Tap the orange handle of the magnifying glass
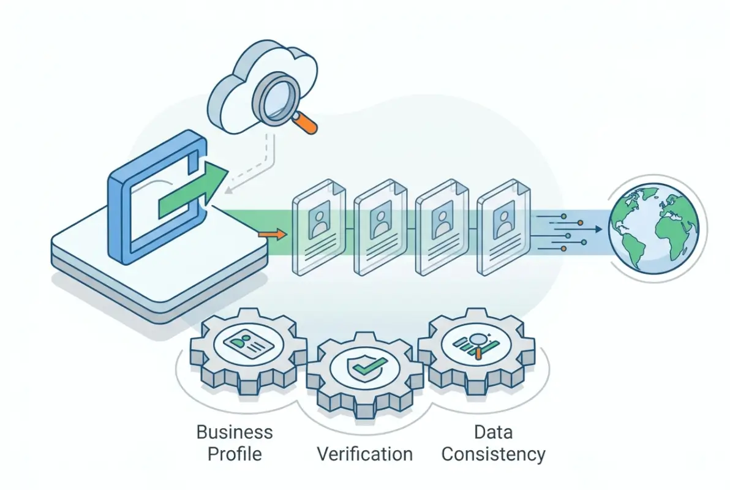308,126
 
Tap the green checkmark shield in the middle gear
365,367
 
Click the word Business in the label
235,432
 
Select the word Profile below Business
235,454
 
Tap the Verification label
364,454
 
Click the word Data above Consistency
493,432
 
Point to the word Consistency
493,454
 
